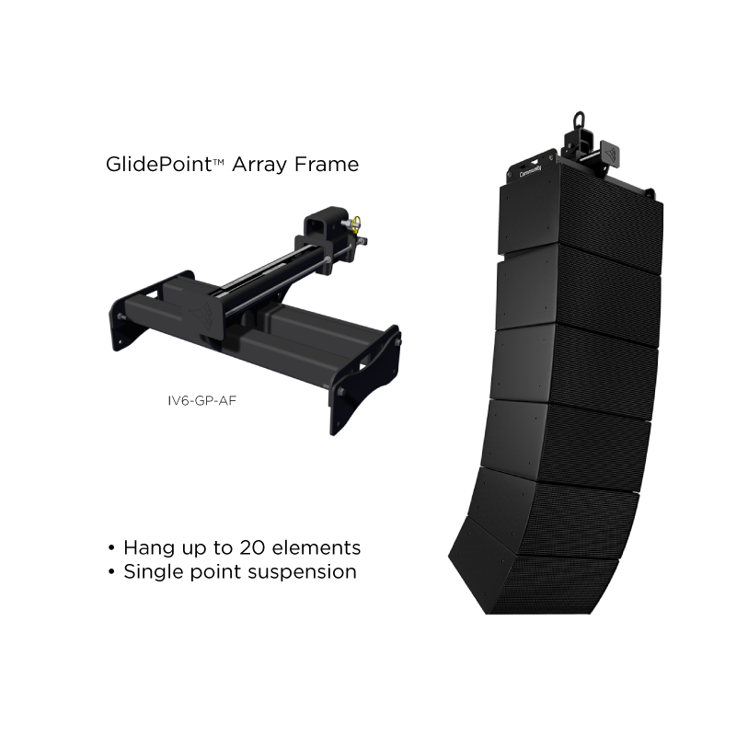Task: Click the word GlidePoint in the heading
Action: click(159, 165)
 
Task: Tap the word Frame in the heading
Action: click(327, 165)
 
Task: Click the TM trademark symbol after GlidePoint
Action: click(218, 162)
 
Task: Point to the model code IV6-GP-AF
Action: click(201, 400)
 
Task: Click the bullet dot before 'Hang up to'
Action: click(111, 547)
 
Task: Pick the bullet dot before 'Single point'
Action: click(111, 571)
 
